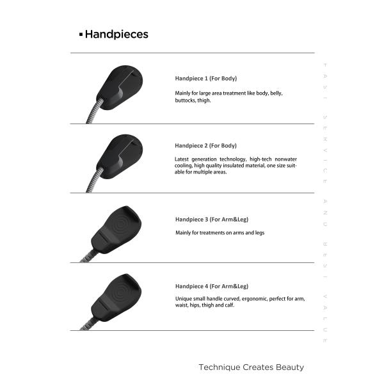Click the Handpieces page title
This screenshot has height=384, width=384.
(116, 35)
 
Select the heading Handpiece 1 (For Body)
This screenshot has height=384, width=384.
(205, 78)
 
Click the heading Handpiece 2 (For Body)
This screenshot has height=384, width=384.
(205, 145)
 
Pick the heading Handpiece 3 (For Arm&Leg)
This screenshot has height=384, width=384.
(211, 220)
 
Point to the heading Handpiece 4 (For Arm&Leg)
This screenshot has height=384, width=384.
(211, 286)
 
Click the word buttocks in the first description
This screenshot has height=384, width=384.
(185, 100)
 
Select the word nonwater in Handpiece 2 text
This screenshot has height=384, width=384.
(285, 159)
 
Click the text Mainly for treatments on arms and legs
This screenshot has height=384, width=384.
(220, 233)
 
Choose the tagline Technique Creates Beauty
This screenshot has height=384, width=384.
(251, 367)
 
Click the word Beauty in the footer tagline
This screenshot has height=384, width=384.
(290, 367)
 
